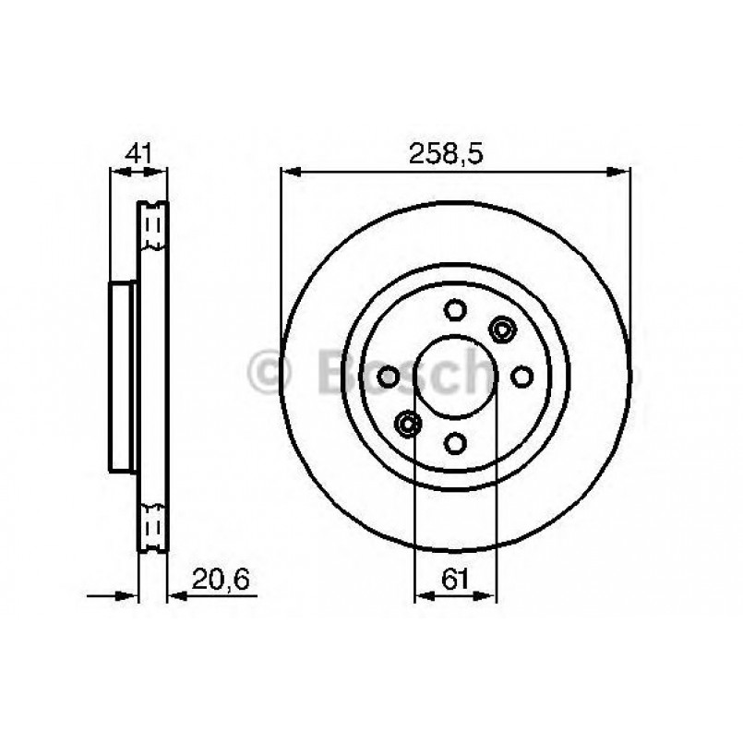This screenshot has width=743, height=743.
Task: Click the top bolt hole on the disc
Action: tap(455, 310)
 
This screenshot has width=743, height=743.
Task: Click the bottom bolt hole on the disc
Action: tap(455, 443)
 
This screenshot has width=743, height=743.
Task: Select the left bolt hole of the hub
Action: tap(389, 377)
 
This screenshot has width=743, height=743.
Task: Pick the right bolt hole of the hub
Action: tap(521, 377)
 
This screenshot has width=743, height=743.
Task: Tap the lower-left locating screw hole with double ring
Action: tap(407, 424)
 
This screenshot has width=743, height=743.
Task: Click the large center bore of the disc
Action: tap(455, 377)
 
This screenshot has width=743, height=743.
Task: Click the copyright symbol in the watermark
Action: tap(270, 373)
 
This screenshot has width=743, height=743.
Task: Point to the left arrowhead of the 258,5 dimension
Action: tap(288, 171)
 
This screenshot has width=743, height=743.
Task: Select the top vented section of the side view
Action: tap(153, 226)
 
